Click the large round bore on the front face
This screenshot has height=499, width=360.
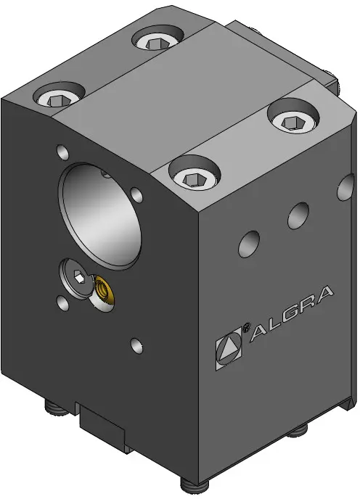tap(99, 216)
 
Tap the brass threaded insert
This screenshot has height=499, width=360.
tap(103, 290)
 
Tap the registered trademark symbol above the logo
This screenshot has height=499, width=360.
tap(245, 328)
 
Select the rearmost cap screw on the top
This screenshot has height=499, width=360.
tap(157, 38)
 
